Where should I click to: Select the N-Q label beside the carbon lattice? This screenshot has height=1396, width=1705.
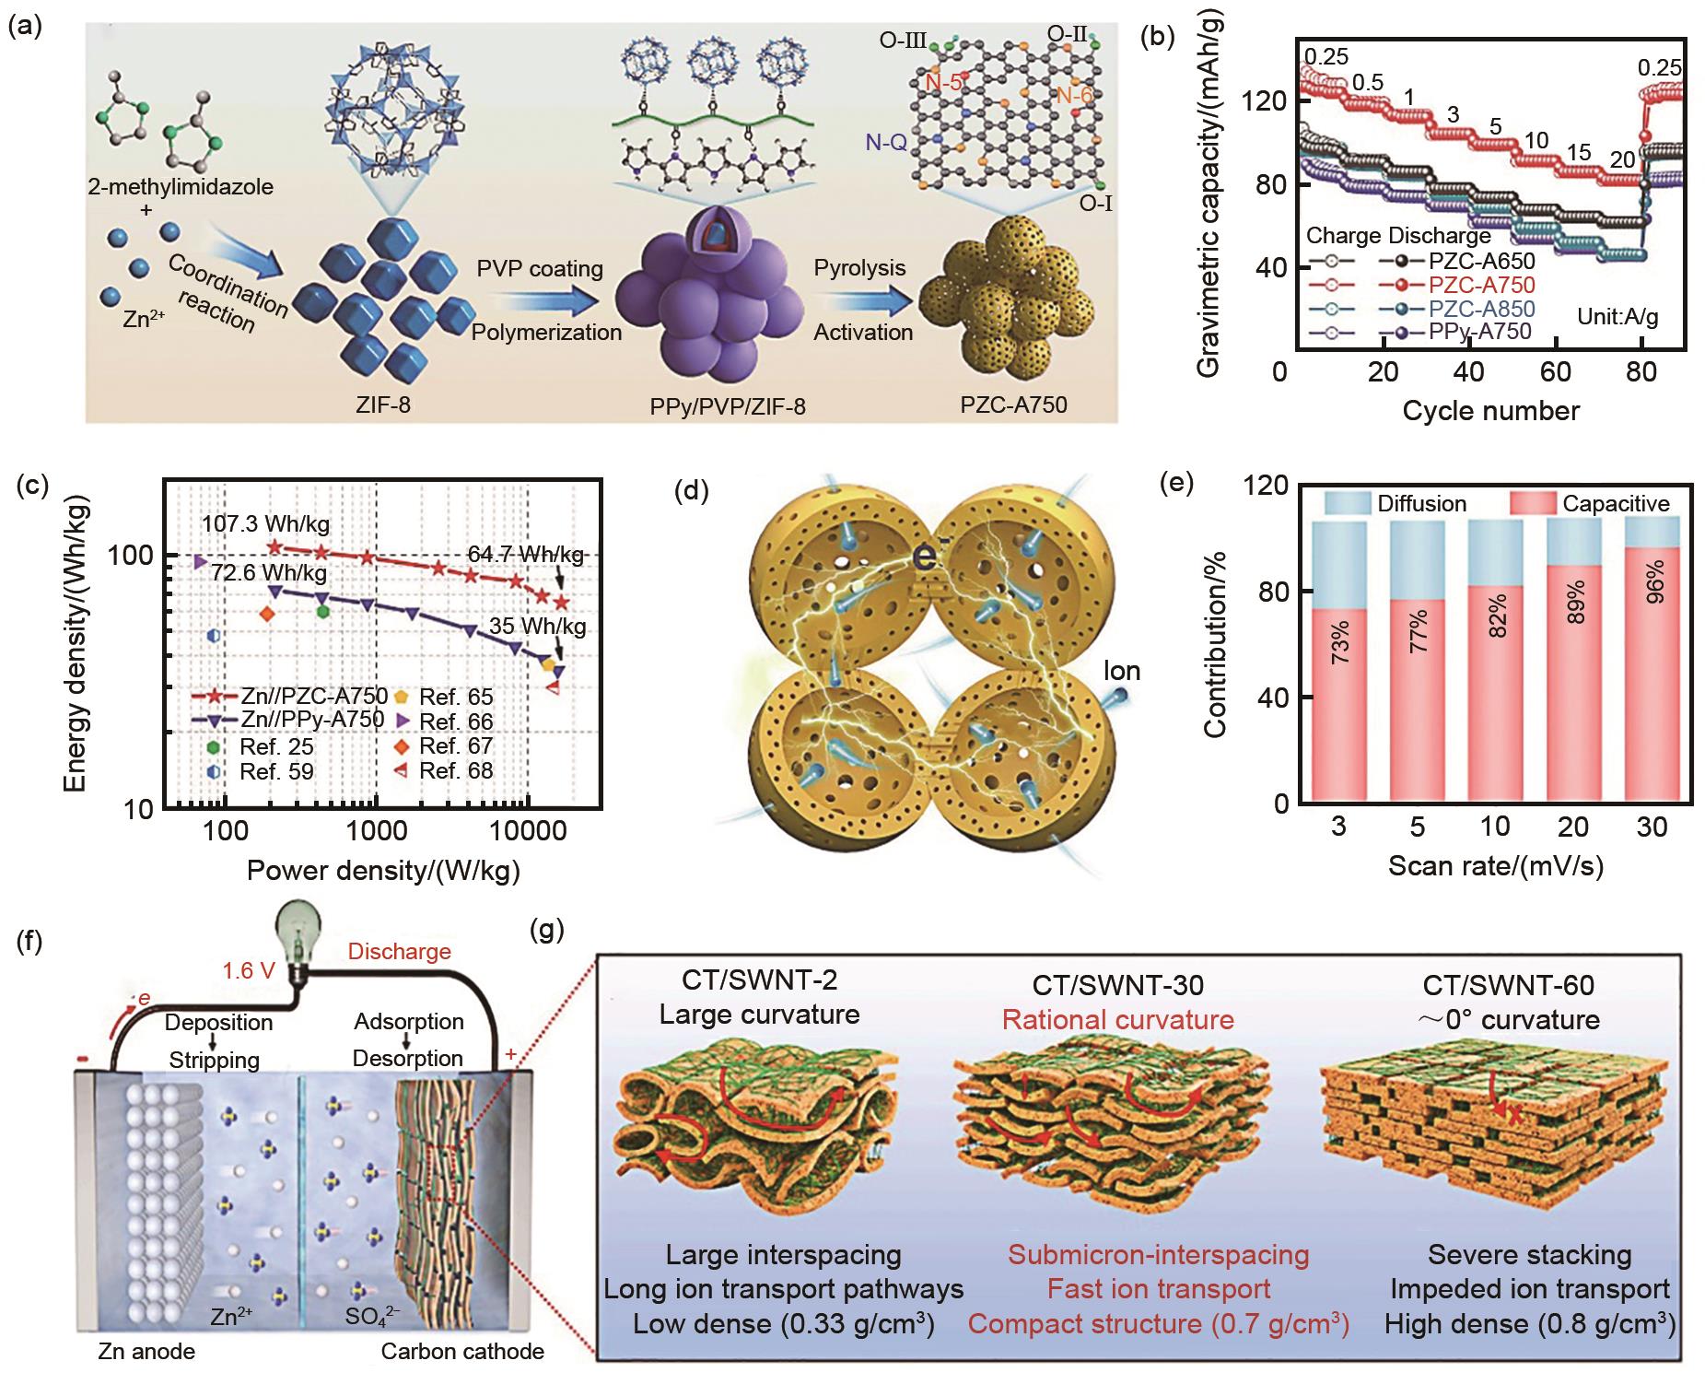click(886, 141)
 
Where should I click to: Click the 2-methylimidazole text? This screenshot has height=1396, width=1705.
click(181, 186)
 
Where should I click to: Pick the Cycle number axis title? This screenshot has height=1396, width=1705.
click(1490, 411)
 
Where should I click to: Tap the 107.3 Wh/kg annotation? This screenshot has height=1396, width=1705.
click(265, 525)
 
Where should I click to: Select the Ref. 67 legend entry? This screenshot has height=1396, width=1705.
click(456, 745)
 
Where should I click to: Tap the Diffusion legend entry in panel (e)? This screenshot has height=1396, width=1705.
click(1421, 503)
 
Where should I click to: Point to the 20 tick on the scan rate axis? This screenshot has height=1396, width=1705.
click(1574, 827)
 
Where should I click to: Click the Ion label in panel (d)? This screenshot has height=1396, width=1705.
click(1121, 670)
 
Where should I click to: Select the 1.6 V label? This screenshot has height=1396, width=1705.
click(246, 970)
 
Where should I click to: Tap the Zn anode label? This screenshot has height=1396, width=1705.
click(146, 1352)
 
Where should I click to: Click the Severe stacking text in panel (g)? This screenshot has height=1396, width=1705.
click(1529, 1254)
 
